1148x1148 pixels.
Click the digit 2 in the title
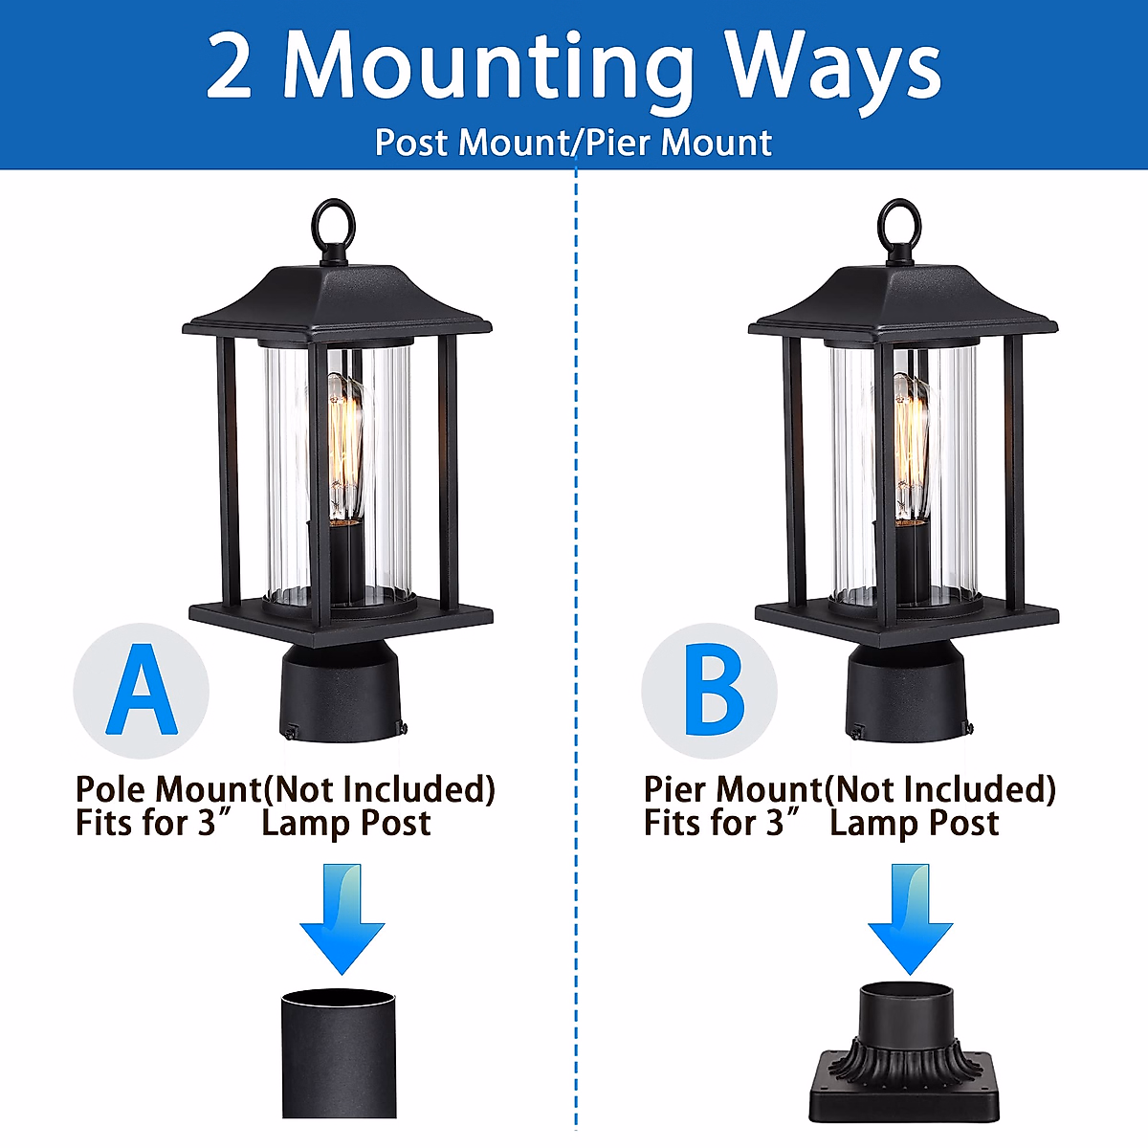[x=230, y=67]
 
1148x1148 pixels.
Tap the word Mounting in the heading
[x=488, y=69]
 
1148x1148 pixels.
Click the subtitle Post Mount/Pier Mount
[x=573, y=143]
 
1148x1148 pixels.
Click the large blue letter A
[x=142, y=690]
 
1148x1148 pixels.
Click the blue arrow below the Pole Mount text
[x=342, y=918]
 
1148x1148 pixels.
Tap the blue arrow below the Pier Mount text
[x=910, y=918]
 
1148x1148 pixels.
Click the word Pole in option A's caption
[x=113, y=790]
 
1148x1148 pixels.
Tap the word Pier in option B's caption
[x=678, y=790]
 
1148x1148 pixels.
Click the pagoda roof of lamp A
[x=337, y=301]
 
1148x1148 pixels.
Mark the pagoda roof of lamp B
[x=903, y=301]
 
